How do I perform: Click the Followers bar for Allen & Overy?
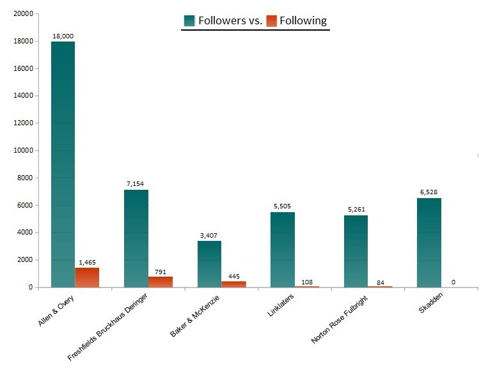coord(63,164)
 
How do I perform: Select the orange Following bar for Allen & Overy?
coord(87,277)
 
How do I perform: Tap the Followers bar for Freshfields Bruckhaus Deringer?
coord(136,238)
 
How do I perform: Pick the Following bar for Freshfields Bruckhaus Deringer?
coord(161,282)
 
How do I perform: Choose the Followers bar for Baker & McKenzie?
coord(209,264)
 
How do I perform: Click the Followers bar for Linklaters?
coord(282,249)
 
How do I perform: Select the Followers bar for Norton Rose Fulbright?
coord(356,251)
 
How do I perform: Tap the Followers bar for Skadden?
coord(429,243)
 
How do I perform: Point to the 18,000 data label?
coord(63,36)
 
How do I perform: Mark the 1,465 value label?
coord(87,262)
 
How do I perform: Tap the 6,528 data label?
coord(429,192)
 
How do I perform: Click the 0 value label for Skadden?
coord(453,282)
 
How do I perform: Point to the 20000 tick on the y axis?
coord(22,13)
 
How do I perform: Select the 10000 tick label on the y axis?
coord(22,151)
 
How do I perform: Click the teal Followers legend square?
coord(189,21)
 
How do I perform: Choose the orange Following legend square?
coord(271,21)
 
